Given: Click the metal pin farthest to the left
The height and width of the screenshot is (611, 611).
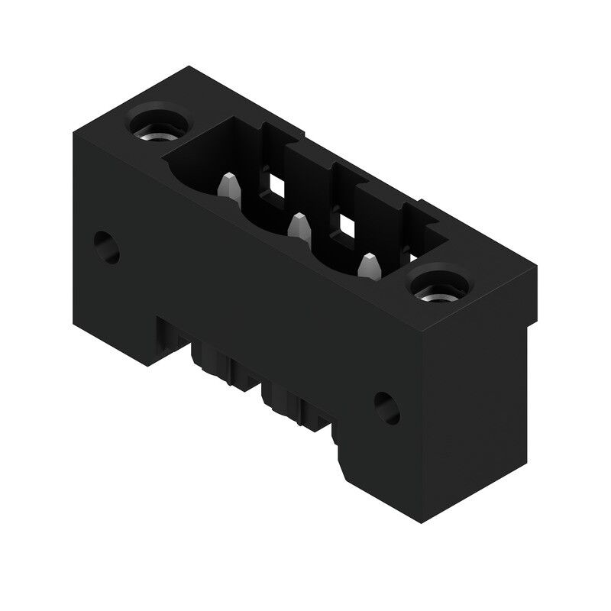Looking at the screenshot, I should pos(228,186).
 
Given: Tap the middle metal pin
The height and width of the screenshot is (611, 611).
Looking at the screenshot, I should pos(298,225).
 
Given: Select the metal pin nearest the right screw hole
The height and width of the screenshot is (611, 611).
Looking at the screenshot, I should pos(369,265).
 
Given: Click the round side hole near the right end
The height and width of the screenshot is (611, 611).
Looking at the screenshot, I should pos(387,408).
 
